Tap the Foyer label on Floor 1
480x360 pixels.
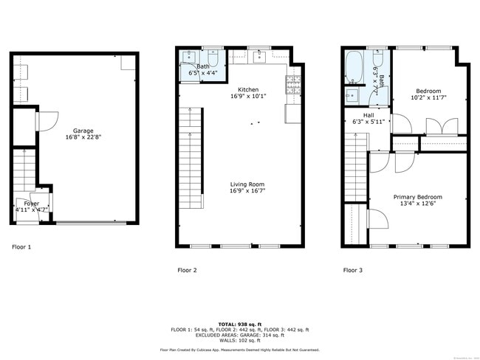pos(32,203)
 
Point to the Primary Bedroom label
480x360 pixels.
pos(417,197)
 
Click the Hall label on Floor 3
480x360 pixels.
pos(359,115)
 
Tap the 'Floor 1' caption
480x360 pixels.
pos(21,247)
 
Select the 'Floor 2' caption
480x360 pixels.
pos(187,271)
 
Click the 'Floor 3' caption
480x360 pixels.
pos(352,271)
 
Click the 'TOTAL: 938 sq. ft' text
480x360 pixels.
pos(240,324)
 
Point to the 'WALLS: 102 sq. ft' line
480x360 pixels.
pos(240,340)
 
